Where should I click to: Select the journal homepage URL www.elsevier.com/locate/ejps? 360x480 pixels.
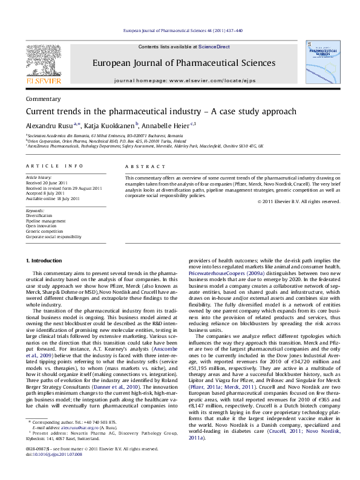pyautogui.click(x=210, y=80)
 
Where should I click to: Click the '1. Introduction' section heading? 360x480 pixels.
pyautogui.click(x=45, y=261)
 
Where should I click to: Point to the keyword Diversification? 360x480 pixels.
pyautogui.click(x=39, y=215)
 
